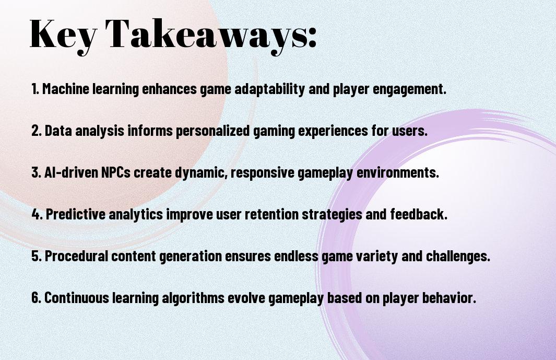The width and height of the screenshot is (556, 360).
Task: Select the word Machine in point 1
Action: click(x=66, y=89)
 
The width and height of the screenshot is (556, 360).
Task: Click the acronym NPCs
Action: click(x=116, y=172)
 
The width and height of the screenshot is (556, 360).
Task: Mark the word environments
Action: click(x=397, y=172)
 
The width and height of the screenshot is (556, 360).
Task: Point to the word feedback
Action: click(x=419, y=214)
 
